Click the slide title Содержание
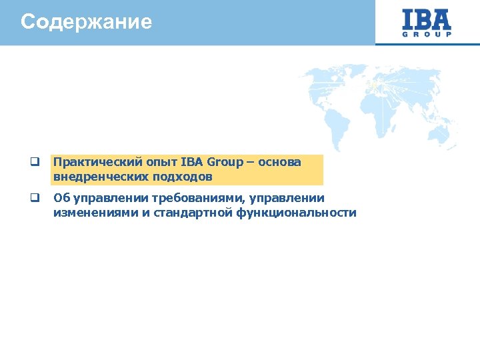coord(86,22)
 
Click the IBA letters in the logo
coord(427,18)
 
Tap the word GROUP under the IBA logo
coord(427,34)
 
